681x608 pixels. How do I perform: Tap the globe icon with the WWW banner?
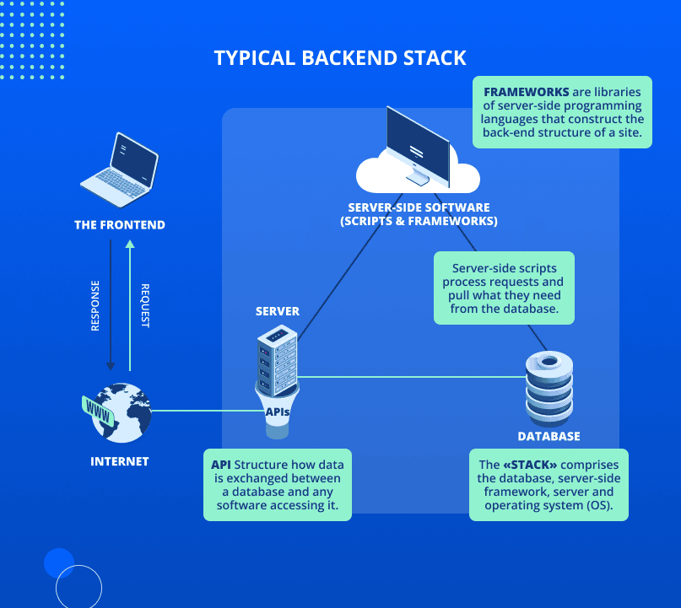(x=118, y=412)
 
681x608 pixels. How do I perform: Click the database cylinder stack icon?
(x=549, y=390)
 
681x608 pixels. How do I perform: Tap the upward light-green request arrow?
(x=129, y=304)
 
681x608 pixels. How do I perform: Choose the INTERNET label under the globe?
(x=119, y=461)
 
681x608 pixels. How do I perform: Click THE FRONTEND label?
(x=120, y=225)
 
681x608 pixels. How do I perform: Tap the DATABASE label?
(x=549, y=436)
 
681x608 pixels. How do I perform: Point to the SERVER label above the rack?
(x=278, y=311)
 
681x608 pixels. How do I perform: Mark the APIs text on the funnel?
(x=278, y=412)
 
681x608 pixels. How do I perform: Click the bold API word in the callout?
(x=221, y=465)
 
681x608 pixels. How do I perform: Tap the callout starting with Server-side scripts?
(x=504, y=288)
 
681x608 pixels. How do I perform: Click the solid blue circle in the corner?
(x=59, y=562)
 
